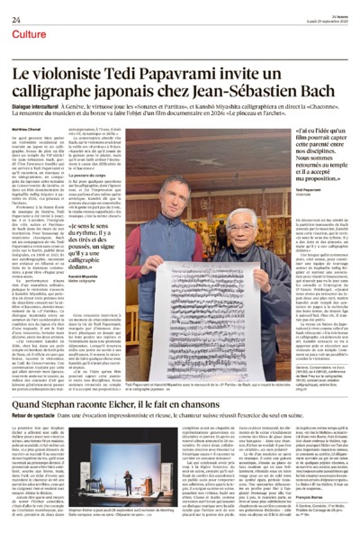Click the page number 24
[x=16, y=8]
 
